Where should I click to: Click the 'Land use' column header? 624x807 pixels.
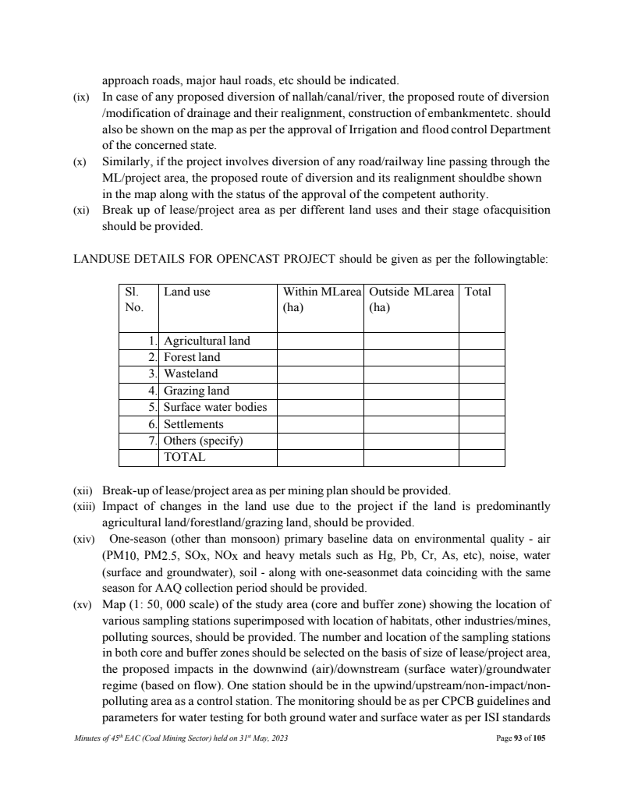coord(186,292)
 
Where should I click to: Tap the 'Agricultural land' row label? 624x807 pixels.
coord(207,341)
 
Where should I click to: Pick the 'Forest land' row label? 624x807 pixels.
coord(192,357)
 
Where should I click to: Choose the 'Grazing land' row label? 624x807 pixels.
coord(197,391)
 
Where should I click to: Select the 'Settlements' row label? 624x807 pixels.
coord(193,424)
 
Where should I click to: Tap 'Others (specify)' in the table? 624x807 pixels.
coord(203,441)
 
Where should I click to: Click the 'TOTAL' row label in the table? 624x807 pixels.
coord(184,457)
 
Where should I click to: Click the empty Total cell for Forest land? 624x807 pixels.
coord(481,357)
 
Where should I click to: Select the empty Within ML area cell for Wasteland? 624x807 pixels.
coord(320,373)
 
